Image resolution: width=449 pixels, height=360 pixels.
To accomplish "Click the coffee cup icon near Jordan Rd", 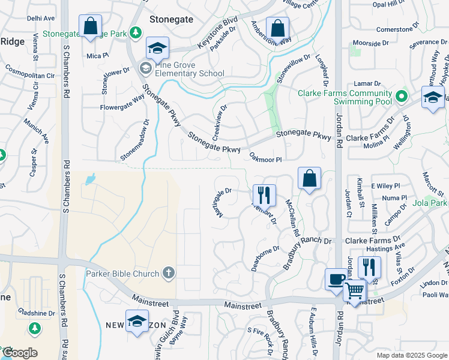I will [335, 279].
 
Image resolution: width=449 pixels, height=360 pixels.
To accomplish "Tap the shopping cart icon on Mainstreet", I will [355, 290].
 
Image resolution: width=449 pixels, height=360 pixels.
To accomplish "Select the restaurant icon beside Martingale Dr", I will [264, 195].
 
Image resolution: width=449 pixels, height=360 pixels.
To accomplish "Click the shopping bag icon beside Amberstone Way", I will [277, 28].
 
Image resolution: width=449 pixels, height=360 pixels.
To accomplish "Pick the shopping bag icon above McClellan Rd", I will [309, 178].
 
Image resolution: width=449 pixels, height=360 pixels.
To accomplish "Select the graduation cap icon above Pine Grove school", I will [158, 48].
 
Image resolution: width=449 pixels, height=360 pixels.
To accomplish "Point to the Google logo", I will [19, 353].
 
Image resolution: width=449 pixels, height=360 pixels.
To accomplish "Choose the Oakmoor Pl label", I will [265, 157].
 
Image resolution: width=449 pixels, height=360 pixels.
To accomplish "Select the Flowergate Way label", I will [122, 109].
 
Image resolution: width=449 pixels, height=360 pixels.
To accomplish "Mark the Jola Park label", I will [431, 203].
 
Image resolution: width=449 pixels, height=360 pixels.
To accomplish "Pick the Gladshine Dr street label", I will [37, 313].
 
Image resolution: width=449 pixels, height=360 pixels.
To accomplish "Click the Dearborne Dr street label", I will [265, 256].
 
